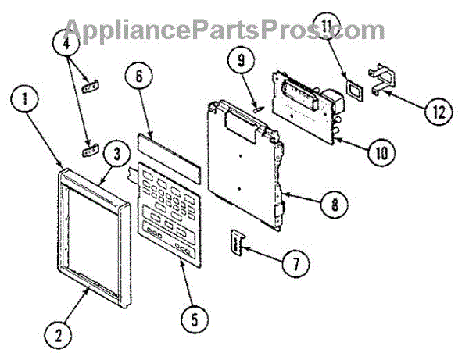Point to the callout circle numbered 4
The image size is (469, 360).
(69, 44)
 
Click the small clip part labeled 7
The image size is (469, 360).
(236, 241)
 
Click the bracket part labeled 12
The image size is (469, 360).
(385, 82)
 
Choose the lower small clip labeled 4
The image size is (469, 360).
(91, 148)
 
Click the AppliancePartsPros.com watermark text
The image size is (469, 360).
(223, 30)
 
